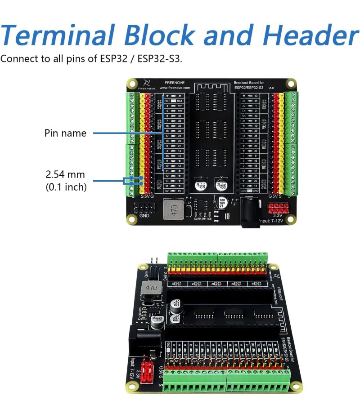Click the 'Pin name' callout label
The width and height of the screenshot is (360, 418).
pos(65,133)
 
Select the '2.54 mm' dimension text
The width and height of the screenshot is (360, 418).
pos(65,174)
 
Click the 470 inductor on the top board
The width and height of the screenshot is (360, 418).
pos(171,209)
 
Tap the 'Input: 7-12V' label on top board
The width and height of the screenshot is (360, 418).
pos(271,221)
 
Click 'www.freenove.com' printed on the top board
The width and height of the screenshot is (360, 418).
pos(175,88)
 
